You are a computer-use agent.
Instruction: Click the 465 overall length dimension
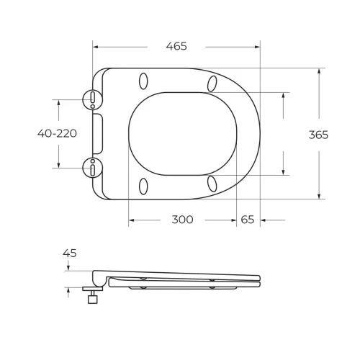coord(176,46)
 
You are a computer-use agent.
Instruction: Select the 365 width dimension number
coord(318,135)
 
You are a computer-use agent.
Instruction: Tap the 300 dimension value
coord(182,220)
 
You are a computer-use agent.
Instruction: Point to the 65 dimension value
coord(248,220)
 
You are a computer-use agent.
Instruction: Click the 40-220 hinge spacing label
coord(58,133)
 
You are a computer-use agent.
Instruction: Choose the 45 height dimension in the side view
coord(70,253)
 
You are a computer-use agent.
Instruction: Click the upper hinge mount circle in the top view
coord(93,99)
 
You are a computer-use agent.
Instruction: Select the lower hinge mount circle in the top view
coord(93,168)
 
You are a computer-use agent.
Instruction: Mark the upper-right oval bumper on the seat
coord(212,83)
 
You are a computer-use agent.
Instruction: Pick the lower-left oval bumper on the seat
coord(143,186)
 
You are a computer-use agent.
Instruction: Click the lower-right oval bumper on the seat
coord(212,184)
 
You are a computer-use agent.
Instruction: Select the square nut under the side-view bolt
coord(92,299)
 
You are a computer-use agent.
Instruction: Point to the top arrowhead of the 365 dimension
coord(318,71)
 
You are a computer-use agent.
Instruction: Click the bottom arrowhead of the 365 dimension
coord(318,197)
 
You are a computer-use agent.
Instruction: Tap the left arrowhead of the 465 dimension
coord(96,46)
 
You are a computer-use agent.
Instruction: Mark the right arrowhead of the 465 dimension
coord(257,46)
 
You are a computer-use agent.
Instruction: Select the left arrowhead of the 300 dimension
coord(131,220)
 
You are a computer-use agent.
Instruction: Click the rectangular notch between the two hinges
coord(99,133)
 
